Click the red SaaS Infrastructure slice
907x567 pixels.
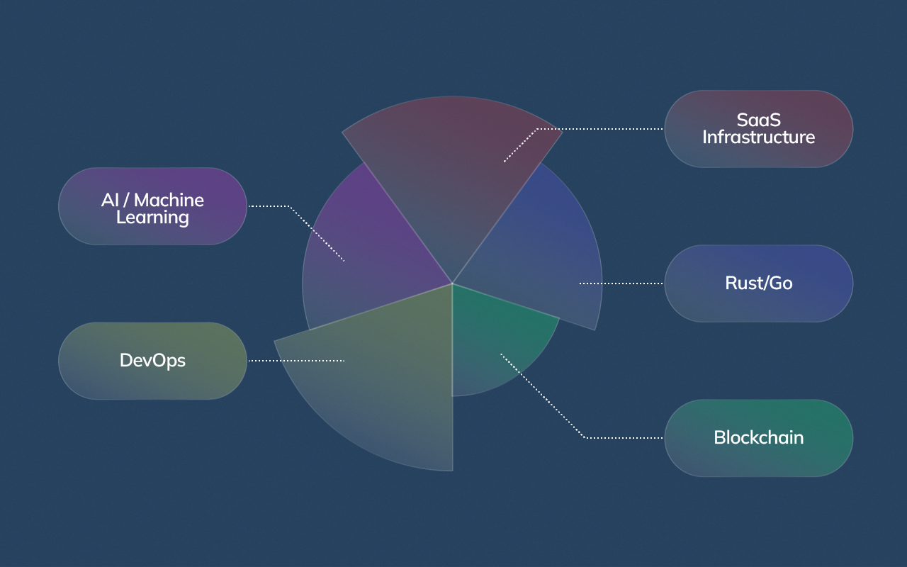[x=453, y=163]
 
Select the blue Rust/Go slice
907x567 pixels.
[x=546, y=255]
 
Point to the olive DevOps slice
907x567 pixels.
[x=383, y=383]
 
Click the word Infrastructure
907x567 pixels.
[x=758, y=137]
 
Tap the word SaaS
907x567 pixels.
[x=758, y=120]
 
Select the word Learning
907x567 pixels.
[x=152, y=218]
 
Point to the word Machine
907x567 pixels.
[x=169, y=200]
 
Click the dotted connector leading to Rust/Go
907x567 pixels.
[x=621, y=283]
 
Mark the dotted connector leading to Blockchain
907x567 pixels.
[x=624, y=437]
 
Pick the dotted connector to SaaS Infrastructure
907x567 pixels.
[x=602, y=129]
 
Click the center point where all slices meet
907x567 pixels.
[x=452, y=283]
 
